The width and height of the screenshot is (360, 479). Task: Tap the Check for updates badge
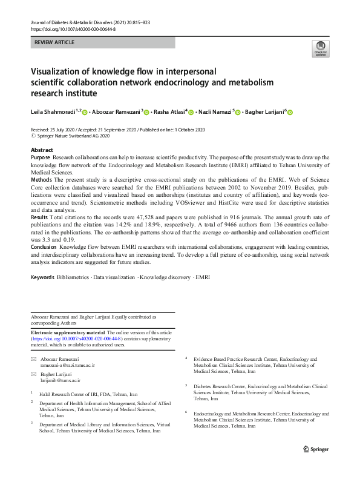(319, 48)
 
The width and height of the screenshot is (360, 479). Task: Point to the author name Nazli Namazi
(215, 111)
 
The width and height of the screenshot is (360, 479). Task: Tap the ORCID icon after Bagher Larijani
(289, 111)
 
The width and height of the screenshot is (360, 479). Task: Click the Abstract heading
(41, 150)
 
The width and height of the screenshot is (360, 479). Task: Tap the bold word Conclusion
(45, 247)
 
